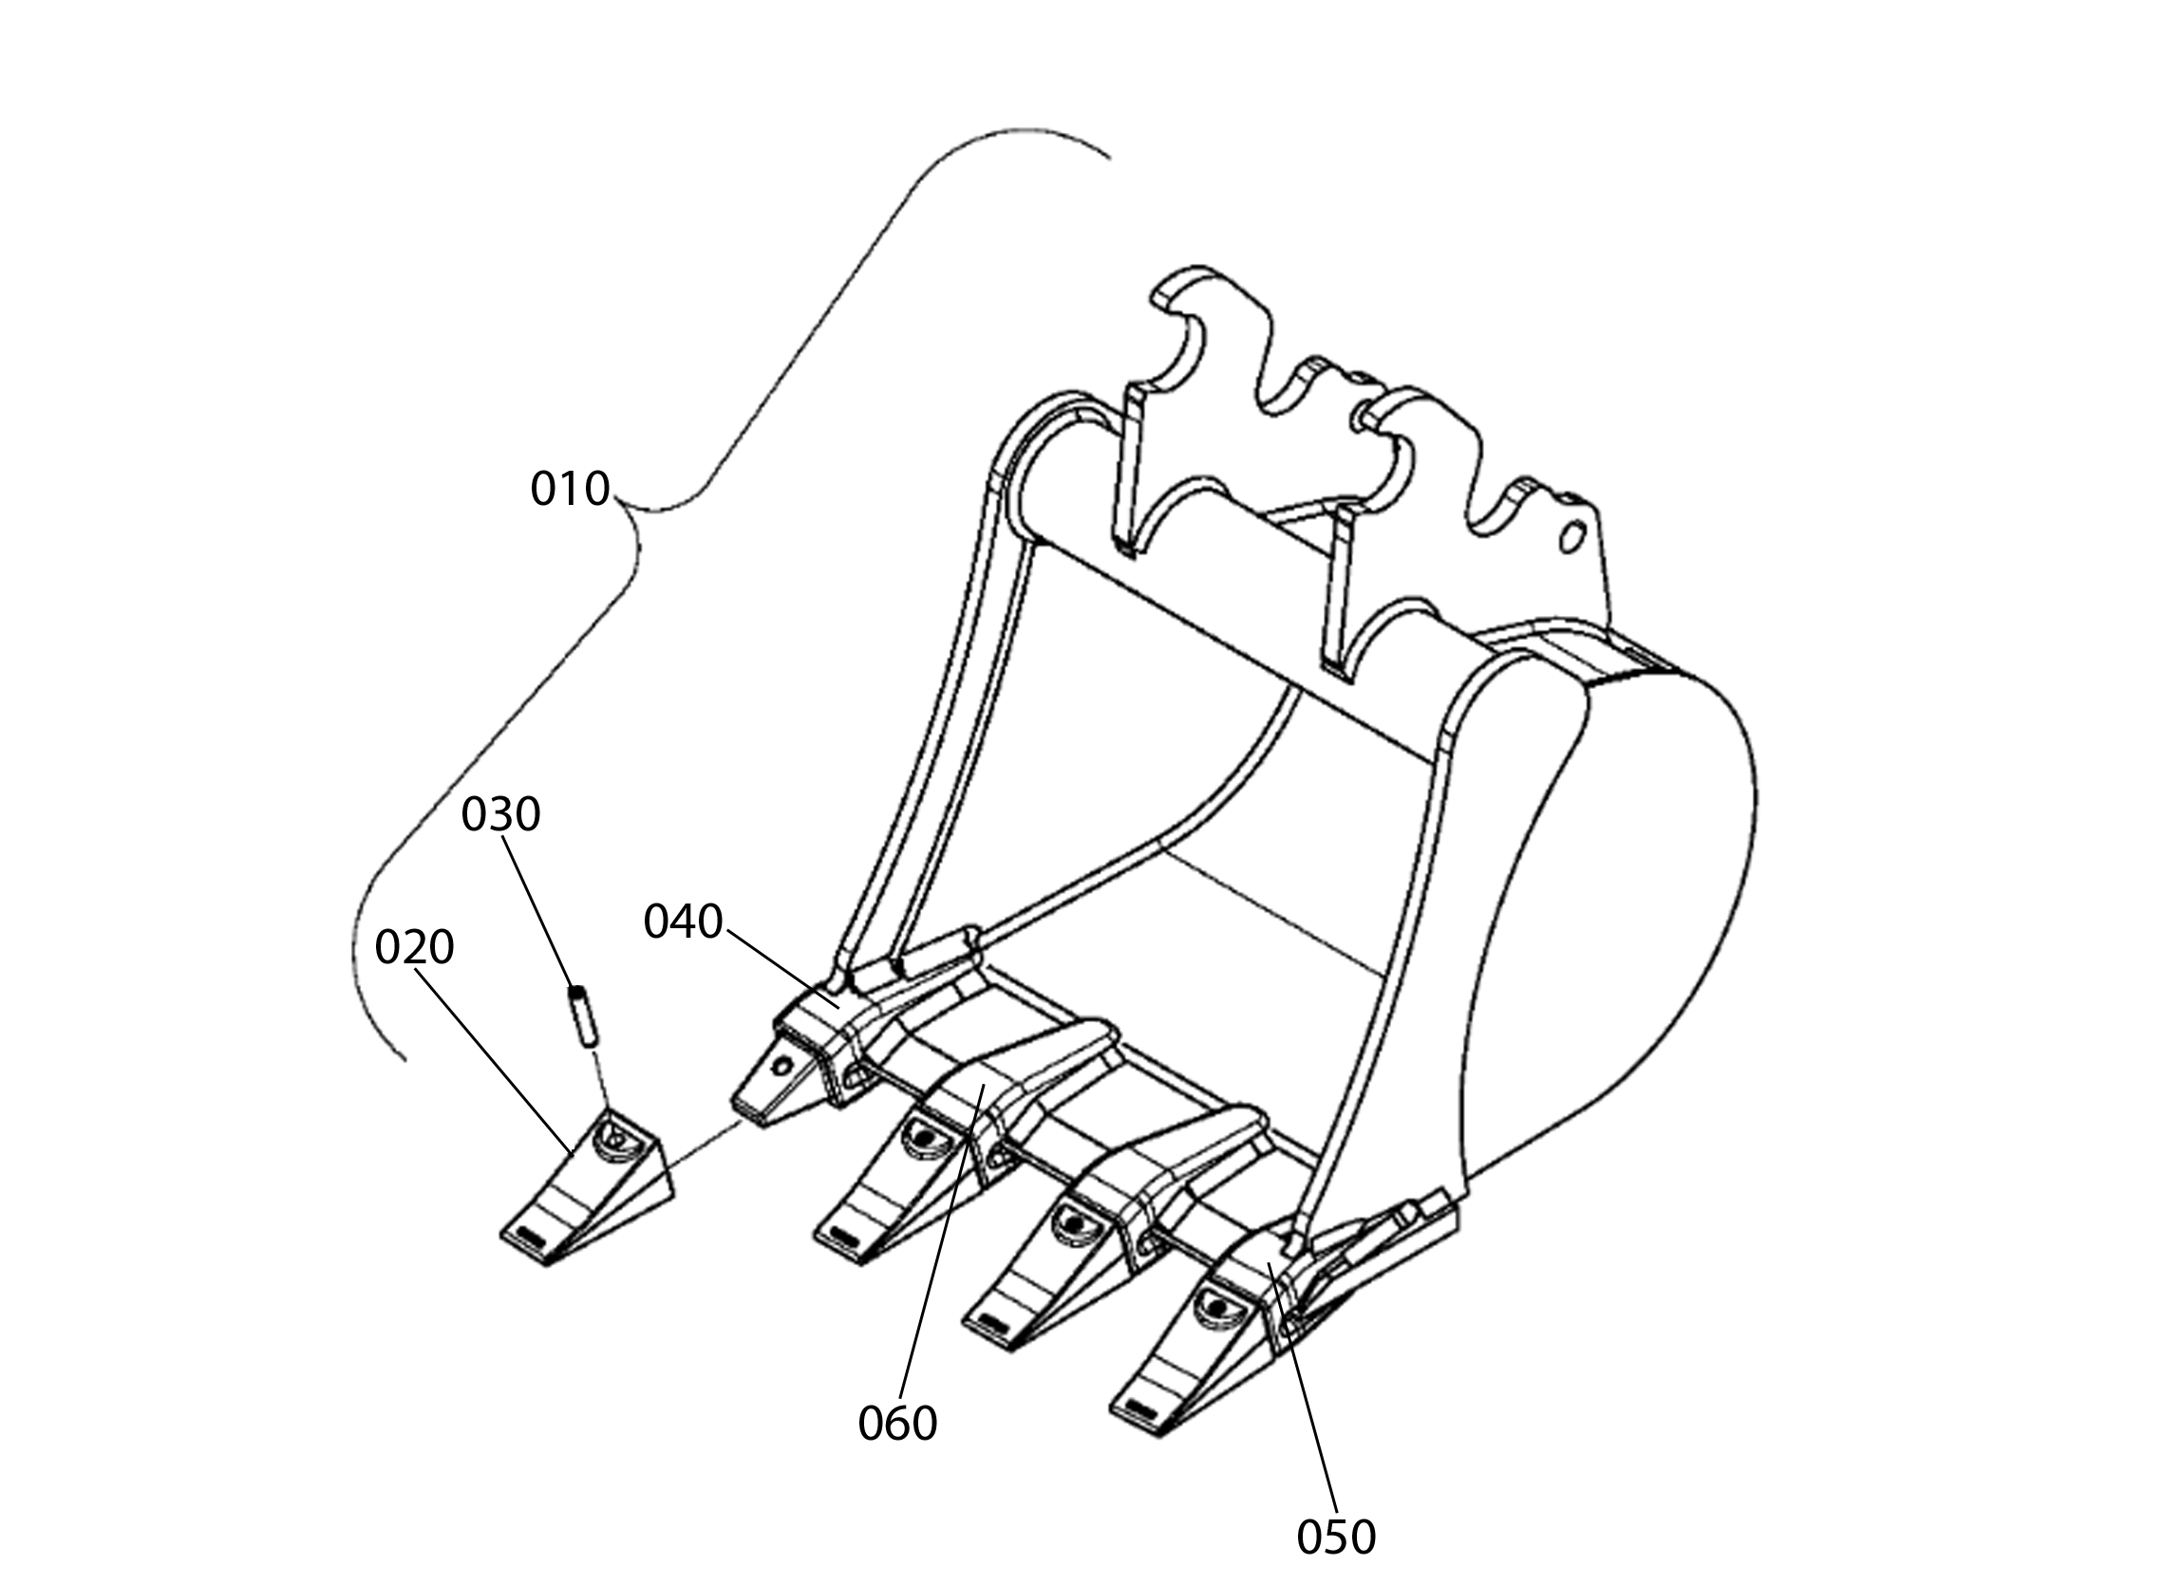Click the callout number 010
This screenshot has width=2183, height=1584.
pyautogui.click(x=570, y=489)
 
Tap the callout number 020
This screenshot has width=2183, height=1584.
pyautogui.click(x=414, y=948)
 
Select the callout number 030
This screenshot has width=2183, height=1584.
pyautogui.click(x=500, y=814)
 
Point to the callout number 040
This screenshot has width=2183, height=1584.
pyautogui.click(x=683, y=922)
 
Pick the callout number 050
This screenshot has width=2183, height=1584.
pyautogui.click(x=1336, y=1537)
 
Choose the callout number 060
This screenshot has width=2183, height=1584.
pyautogui.click(x=897, y=1424)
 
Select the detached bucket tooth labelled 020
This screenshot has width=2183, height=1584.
pyautogui.click(x=587, y=1186)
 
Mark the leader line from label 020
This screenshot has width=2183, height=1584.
pyautogui.click(x=495, y=1060)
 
